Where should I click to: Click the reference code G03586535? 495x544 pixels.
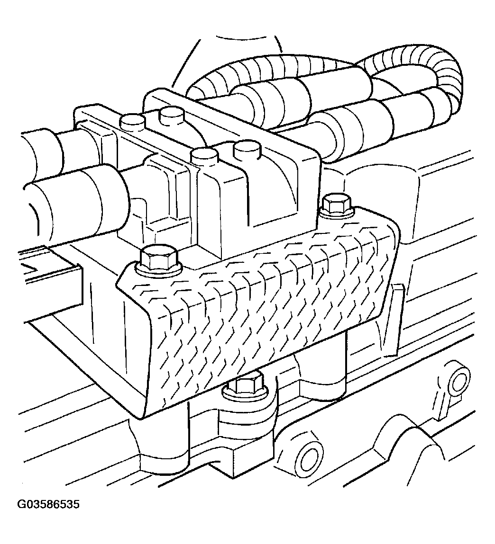click(x=48, y=504)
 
